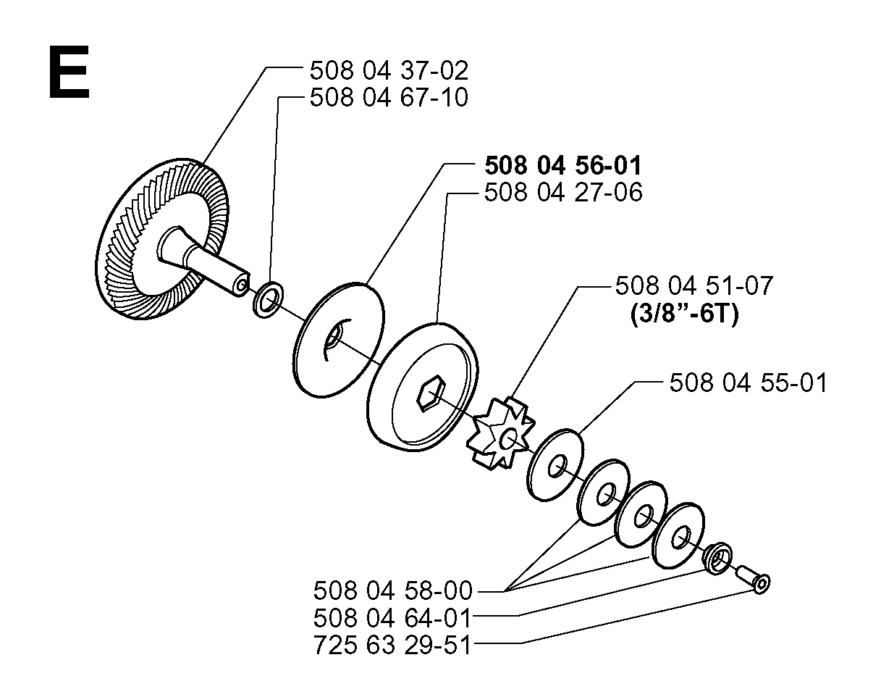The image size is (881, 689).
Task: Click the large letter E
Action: click(69, 72)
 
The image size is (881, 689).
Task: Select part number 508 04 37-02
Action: click(389, 70)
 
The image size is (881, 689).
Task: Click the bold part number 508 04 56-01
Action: click(563, 165)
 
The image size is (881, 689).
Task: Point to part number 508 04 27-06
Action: click(563, 192)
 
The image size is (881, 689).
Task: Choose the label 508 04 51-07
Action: click(694, 285)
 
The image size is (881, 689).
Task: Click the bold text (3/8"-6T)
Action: click(685, 313)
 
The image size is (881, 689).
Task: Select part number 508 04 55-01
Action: click(748, 383)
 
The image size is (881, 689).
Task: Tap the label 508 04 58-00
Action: click(393, 590)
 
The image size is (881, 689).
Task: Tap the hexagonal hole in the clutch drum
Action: click(431, 393)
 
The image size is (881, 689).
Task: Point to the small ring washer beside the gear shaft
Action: click(268, 299)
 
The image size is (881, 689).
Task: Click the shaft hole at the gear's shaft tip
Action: click(242, 285)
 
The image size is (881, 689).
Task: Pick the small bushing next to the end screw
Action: click(717, 558)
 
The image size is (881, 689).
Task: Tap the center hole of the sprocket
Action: click(509, 440)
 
